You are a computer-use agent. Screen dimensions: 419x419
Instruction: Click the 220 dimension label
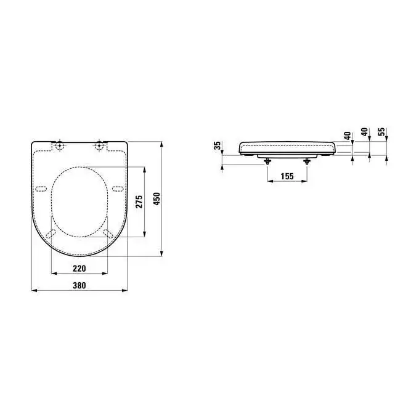(79, 268)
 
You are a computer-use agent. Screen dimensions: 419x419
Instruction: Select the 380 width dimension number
(79, 285)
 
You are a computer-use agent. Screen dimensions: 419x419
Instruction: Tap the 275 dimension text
(139, 201)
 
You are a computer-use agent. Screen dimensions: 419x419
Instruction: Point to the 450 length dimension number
(157, 199)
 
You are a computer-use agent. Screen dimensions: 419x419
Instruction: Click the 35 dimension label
(218, 145)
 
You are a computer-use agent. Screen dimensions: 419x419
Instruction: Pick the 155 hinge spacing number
(287, 176)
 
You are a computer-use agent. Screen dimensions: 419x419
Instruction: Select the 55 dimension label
(382, 131)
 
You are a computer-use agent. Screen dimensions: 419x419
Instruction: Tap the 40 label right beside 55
(364, 131)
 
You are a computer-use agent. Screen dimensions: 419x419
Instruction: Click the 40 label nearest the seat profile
(348, 136)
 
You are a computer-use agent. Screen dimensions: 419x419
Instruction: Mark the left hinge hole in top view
(60, 145)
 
